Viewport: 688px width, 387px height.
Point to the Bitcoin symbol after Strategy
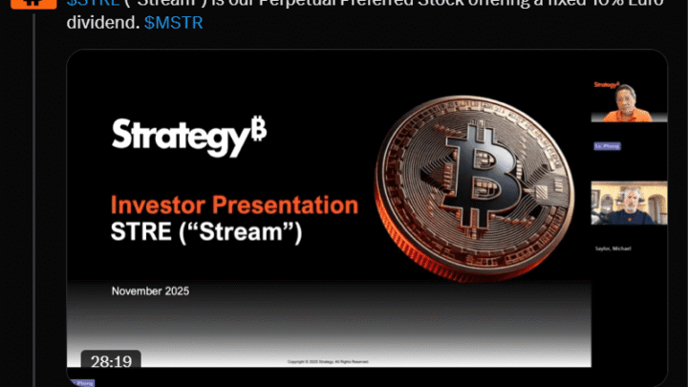[258, 131]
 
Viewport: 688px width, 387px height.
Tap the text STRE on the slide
[140, 231]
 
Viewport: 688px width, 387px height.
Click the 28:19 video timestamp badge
[111, 361]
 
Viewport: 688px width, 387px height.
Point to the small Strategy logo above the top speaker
[606, 84]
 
